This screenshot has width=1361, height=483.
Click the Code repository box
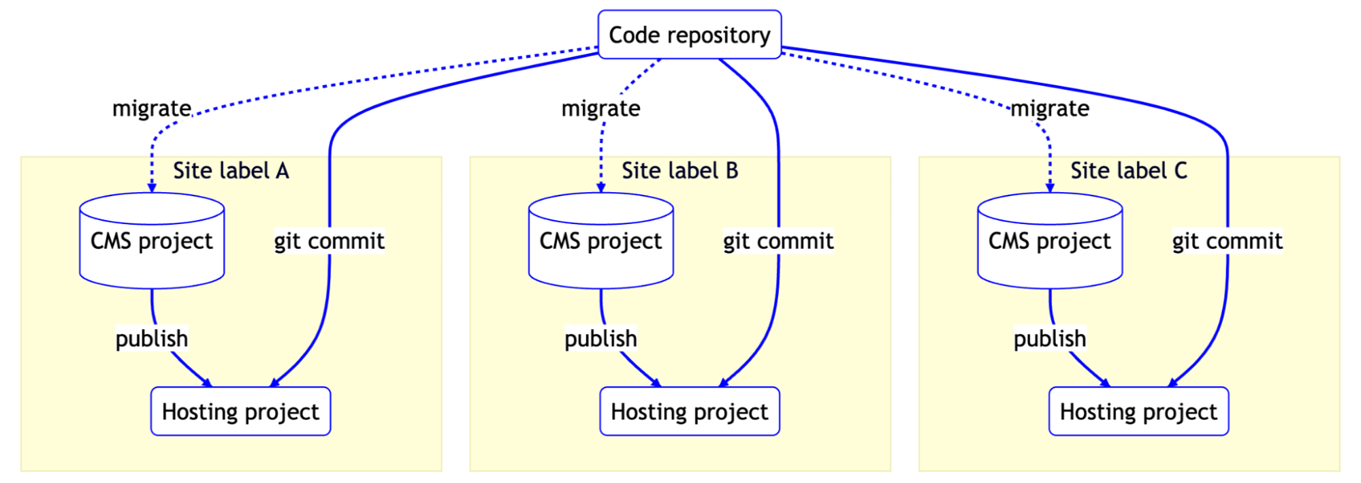[689, 35]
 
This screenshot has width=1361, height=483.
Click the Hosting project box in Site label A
[240, 411]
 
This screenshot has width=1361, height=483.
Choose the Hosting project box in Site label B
[689, 411]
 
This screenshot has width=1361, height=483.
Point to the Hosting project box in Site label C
[1138, 411]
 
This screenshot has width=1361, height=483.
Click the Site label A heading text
[231, 170]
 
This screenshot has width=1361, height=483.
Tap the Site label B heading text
[679, 170]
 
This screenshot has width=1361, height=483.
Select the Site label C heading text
[1128, 170]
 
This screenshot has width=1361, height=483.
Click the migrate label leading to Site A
[152, 108]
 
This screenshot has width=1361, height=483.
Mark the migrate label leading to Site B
[601, 108]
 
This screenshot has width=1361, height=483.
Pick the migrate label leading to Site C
[1049, 108]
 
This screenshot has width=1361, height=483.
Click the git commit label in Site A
[329, 241]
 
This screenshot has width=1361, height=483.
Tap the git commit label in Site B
[778, 241]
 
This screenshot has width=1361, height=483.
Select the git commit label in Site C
[1227, 241]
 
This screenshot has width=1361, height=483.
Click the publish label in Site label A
[152, 339]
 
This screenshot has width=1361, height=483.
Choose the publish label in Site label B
[601, 339]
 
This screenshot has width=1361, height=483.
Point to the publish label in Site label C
[1049, 339]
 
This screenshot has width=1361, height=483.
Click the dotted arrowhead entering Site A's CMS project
[152, 187]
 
